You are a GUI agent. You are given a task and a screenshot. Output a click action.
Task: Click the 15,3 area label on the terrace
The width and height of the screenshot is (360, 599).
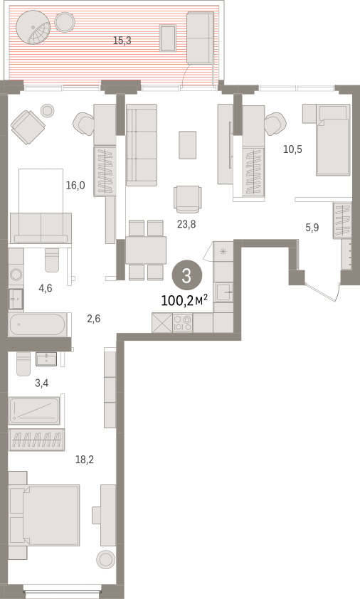click(x=122, y=40)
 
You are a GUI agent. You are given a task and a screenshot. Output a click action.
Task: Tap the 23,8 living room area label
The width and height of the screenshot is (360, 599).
click(x=186, y=224)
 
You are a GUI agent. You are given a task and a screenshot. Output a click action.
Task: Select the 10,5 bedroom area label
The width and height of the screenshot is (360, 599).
click(x=292, y=149)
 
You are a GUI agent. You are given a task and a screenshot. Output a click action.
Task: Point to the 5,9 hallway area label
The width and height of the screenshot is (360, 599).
click(x=312, y=228)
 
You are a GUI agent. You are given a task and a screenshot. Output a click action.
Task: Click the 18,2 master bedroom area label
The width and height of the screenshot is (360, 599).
click(x=85, y=459)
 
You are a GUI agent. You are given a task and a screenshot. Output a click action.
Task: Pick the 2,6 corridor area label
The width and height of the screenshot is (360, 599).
click(x=94, y=318)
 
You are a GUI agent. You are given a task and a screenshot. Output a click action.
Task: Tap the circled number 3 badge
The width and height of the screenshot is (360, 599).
click(x=186, y=275)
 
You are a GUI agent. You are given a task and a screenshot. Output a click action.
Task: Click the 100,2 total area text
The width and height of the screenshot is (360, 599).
click(x=184, y=300)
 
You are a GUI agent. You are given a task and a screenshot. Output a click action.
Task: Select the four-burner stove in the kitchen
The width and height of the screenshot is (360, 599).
click(x=182, y=323)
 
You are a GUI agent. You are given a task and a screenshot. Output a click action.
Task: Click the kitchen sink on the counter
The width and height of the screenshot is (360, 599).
click(x=224, y=292)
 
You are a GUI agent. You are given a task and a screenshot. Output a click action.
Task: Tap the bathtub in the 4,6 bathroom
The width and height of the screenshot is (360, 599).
click(x=38, y=324)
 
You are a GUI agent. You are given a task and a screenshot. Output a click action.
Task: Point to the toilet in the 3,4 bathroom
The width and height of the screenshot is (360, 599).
click(x=23, y=364)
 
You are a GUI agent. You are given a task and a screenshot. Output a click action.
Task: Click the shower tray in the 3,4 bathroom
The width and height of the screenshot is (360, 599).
click(x=34, y=410)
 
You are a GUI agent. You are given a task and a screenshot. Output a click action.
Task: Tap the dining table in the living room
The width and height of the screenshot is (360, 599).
click(x=146, y=250)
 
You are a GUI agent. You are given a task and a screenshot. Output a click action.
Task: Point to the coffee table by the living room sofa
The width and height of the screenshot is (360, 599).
click(x=188, y=145)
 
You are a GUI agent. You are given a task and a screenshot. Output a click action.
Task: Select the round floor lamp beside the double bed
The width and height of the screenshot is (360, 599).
click(x=106, y=560)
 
